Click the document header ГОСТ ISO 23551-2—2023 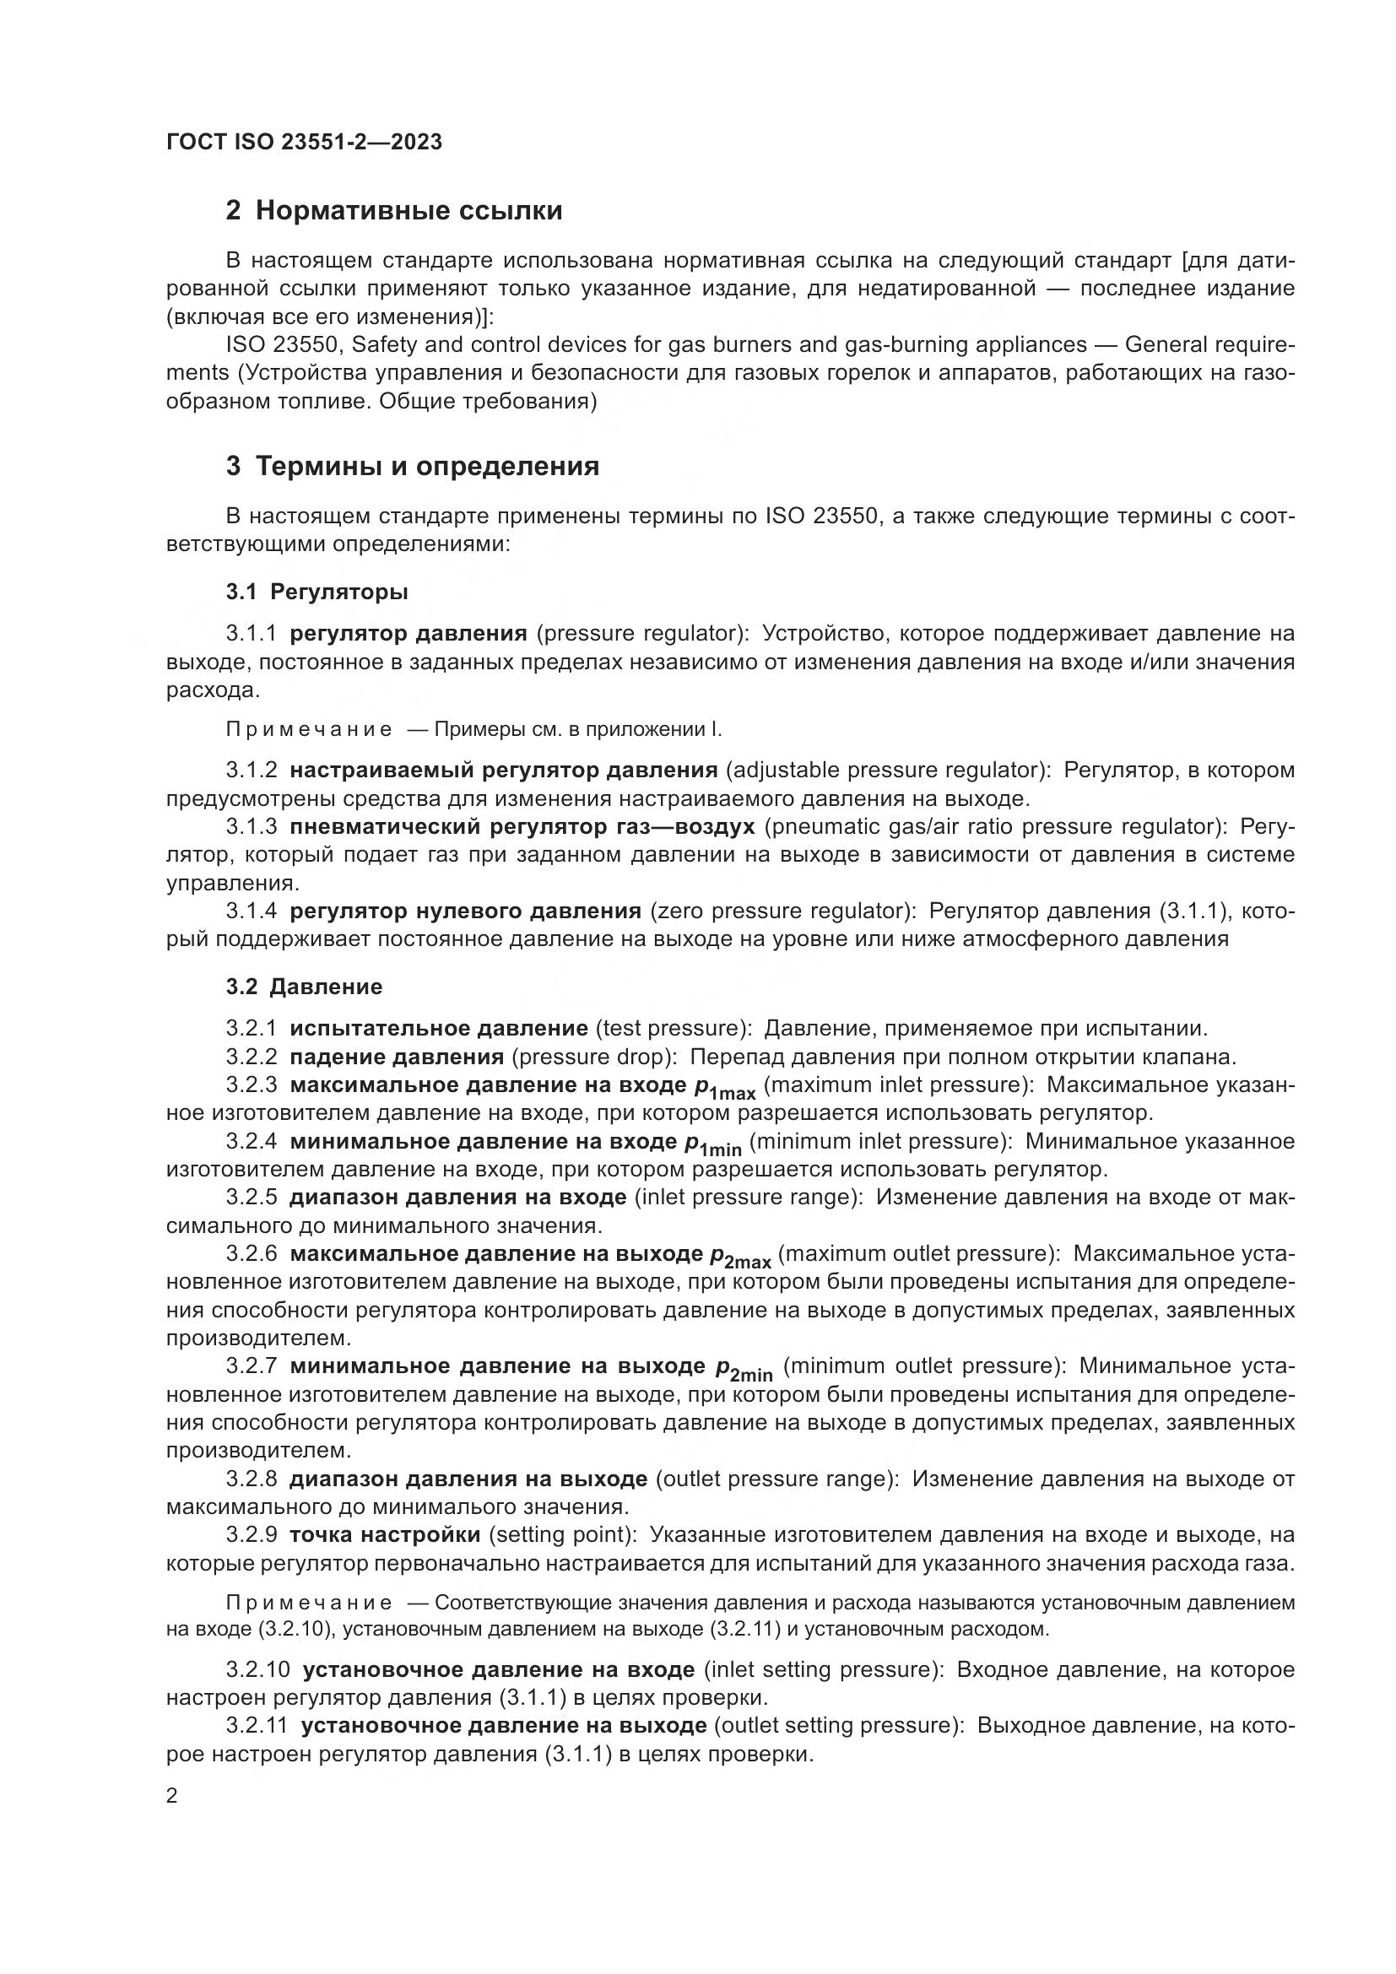click(305, 142)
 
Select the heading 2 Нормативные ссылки click(393, 211)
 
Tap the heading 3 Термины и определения click(413, 467)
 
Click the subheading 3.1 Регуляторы click(317, 592)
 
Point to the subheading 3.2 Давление click(305, 986)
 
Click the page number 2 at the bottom click(172, 1796)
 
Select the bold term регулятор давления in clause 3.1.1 click(409, 634)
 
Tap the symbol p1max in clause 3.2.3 click(725, 1088)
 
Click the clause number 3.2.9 click(252, 1534)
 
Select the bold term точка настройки click(385, 1534)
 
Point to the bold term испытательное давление click(438, 1028)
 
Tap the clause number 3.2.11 click(258, 1726)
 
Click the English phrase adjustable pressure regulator click(887, 770)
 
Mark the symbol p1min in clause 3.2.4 click(712, 1144)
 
